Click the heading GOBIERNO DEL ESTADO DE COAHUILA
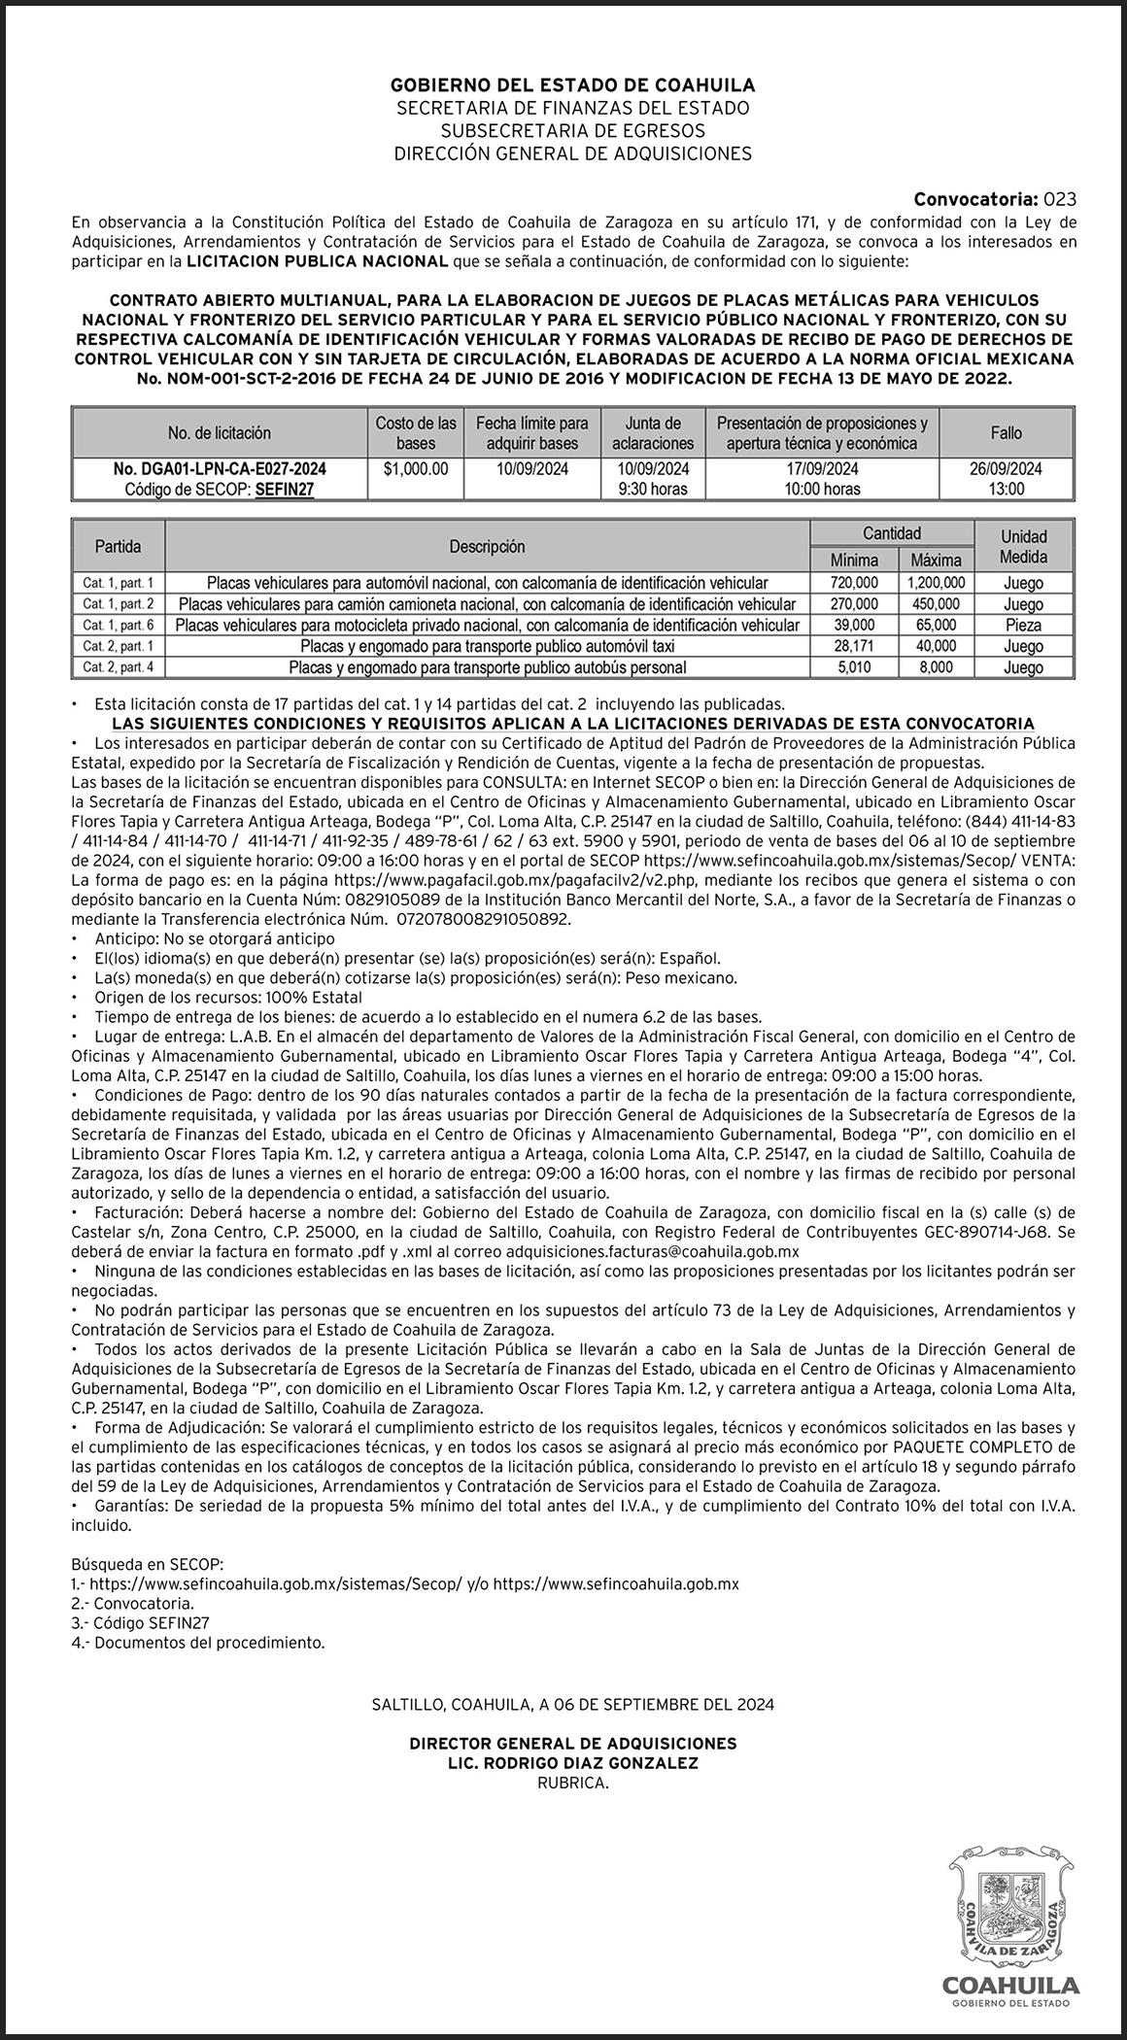[x=572, y=85]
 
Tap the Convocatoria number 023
[x=1060, y=200]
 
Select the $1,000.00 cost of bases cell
[x=416, y=469]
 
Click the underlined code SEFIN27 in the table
[x=285, y=490]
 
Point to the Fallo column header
[x=1006, y=433]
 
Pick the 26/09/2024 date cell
[x=1006, y=469]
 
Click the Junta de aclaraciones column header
[x=653, y=433]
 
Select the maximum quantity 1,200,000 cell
[x=936, y=583]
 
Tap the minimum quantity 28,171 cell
[x=854, y=646]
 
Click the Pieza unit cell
[x=1024, y=625]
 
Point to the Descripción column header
[x=487, y=547]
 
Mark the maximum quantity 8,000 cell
[x=936, y=667]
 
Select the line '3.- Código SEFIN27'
[x=141, y=1623]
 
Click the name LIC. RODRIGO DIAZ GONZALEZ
[x=572, y=1763]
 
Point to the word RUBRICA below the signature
[x=572, y=1783]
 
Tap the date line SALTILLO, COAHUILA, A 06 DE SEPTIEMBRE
[x=572, y=1704]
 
